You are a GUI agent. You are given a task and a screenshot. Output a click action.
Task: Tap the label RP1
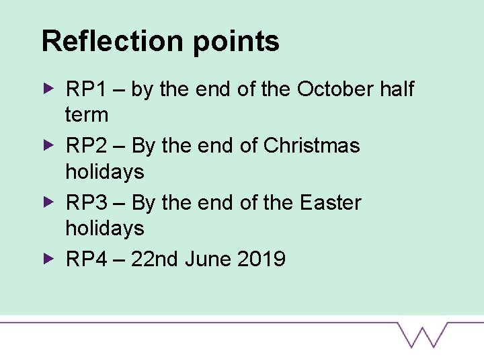click(x=84, y=89)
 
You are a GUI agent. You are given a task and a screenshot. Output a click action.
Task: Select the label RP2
click(x=84, y=145)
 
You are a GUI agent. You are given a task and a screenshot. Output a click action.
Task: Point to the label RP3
click(x=84, y=202)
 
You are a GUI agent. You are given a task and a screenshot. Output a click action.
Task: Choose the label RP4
click(x=84, y=259)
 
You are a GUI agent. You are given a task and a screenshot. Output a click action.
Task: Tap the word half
click(x=397, y=89)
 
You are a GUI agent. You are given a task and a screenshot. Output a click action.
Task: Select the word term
click(x=87, y=115)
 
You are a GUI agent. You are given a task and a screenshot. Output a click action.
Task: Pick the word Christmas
click(x=313, y=145)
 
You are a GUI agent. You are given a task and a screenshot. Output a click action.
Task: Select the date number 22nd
click(x=153, y=259)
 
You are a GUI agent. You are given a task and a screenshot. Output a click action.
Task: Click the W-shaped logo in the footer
click(x=422, y=334)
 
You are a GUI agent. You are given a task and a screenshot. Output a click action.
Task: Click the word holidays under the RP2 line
click(x=105, y=172)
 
